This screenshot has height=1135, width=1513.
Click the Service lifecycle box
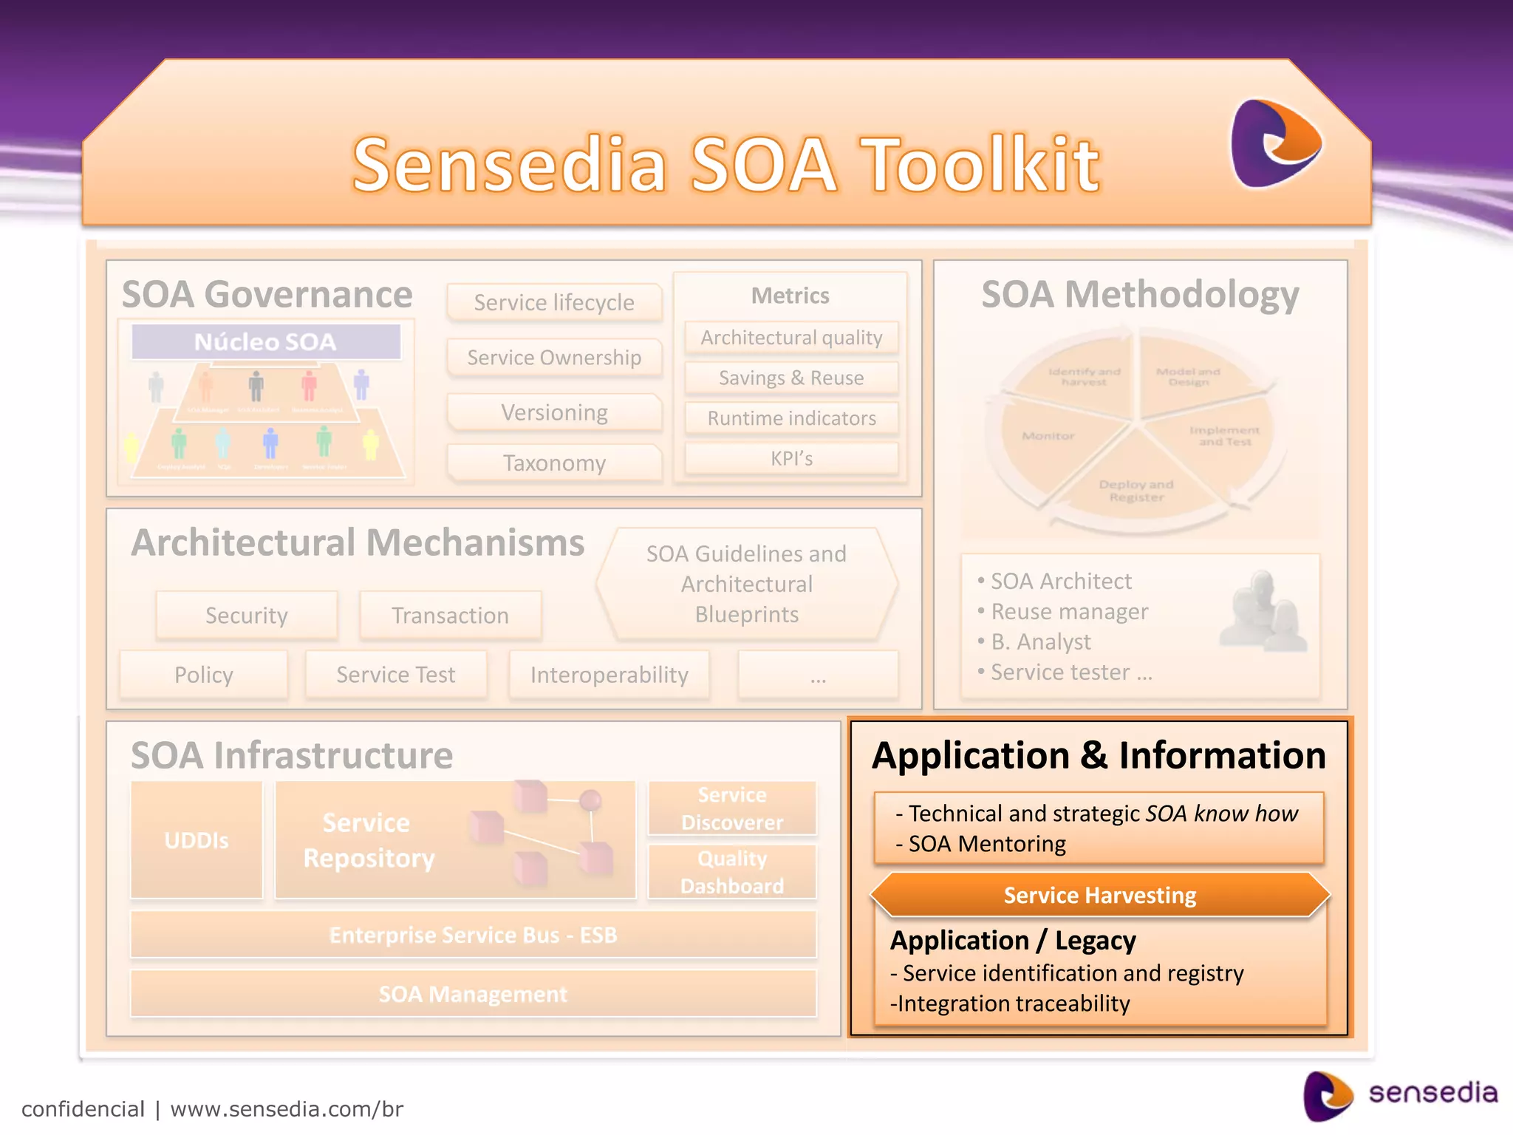point(554,302)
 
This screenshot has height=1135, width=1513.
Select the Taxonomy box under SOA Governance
point(554,463)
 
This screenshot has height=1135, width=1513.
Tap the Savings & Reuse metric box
point(791,378)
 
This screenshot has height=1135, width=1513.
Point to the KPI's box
point(791,459)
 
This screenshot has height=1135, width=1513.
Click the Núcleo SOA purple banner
point(266,341)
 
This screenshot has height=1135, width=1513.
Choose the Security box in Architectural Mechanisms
point(247,615)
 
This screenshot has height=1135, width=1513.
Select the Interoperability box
point(609,675)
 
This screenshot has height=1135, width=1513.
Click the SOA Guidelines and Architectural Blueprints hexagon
point(746,584)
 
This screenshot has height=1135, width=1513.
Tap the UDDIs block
point(197,840)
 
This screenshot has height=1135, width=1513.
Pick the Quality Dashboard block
point(732,872)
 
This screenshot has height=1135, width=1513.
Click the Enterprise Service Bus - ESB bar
point(473,935)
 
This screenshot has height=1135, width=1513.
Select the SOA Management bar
point(473,994)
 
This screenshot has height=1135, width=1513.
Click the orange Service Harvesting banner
point(1099,896)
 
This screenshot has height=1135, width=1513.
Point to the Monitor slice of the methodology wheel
point(1048,437)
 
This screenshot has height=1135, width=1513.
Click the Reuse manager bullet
point(1069,612)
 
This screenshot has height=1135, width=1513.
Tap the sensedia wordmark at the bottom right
point(1432,1092)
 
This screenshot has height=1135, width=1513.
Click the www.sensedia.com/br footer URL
point(287,1109)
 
